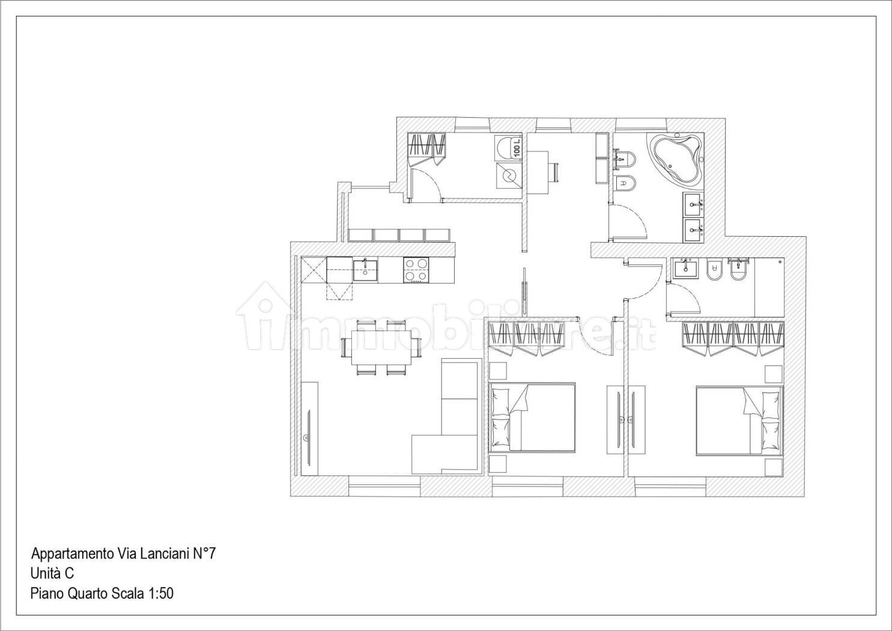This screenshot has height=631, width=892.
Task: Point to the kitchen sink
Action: coord(365,270)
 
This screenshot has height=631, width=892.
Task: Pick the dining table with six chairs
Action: coord(381,347)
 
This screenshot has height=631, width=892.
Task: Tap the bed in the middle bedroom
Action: coord(532,417)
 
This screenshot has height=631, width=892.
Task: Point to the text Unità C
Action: coord(52,573)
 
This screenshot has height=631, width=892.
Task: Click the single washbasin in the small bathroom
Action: coord(685,268)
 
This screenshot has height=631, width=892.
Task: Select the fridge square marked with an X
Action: coord(314,270)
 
